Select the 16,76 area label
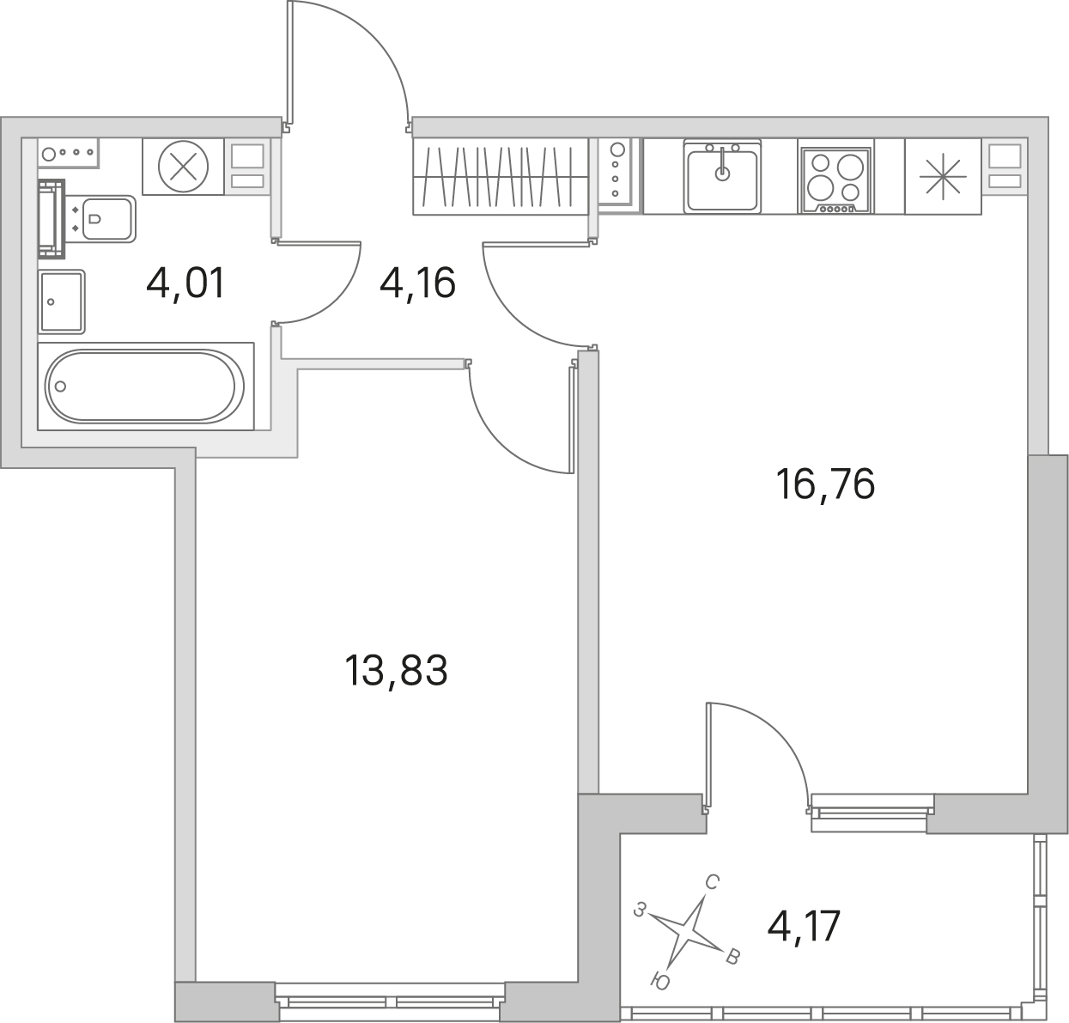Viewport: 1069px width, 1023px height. click(x=825, y=484)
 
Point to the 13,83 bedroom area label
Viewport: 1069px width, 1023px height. click(x=396, y=670)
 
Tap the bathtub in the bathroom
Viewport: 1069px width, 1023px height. click(x=146, y=386)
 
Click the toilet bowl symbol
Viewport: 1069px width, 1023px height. click(x=108, y=219)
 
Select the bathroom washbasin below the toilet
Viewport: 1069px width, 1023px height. click(x=62, y=301)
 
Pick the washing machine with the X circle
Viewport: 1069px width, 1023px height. click(x=184, y=166)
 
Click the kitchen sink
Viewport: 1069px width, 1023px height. click(x=722, y=176)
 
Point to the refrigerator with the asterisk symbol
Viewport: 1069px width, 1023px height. click(x=943, y=176)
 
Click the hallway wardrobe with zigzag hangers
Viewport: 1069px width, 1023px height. click(x=501, y=176)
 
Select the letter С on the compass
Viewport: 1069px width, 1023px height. click(x=712, y=883)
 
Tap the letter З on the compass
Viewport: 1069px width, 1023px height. click(x=639, y=910)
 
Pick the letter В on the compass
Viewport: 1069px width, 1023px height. click(x=732, y=957)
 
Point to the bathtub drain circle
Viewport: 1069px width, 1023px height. click(x=61, y=387)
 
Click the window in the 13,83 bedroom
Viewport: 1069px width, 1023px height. click(x=390, y=1002)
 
